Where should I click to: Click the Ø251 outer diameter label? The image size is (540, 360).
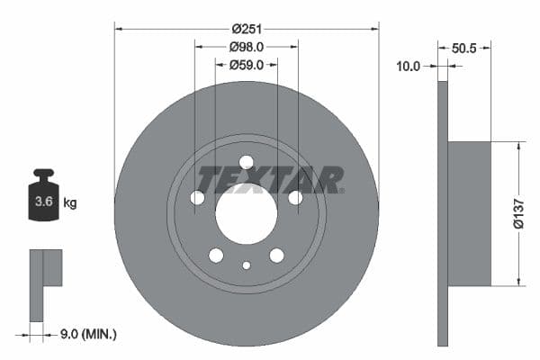tap(246, 28)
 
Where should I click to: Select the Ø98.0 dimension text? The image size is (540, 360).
tap(246, 46)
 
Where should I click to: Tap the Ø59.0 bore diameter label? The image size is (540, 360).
tap(246, 65)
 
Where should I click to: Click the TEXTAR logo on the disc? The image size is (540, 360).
tap(270, 180)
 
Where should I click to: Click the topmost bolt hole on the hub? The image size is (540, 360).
tap(247, 162)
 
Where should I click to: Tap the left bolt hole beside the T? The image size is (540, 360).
tap(197, 197)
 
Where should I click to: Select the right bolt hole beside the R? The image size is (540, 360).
tap(295, 197)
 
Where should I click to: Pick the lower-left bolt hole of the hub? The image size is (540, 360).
tap(216, 256)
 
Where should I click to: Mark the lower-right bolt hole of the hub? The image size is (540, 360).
tap(276, 256)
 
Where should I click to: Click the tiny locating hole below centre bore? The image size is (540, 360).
tap(247, 265)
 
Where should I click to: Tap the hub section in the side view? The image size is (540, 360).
tap(469, 213)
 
